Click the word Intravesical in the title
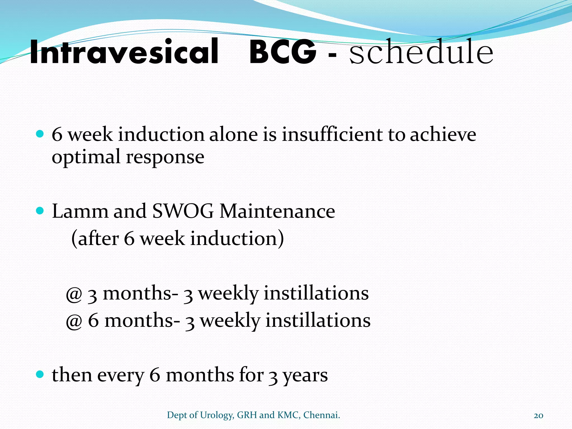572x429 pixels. click(124, 52)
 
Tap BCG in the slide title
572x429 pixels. click(283, 52)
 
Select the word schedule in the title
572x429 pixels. click(421, 52)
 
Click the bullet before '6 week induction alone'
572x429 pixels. click(40, 134)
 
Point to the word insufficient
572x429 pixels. click(332, 134)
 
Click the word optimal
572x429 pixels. click(86, 157)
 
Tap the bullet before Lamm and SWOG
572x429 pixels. click(40, 211)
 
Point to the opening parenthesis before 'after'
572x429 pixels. click(74, 239)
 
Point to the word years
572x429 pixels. click(305, 375)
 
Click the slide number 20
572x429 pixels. click(538, 415)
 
